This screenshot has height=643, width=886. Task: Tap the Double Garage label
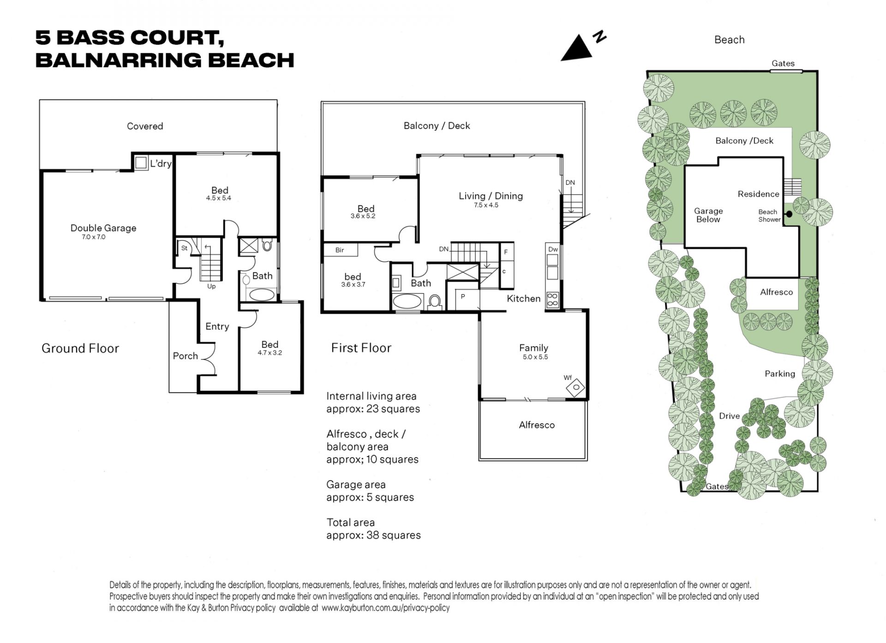pyautogui.click(x=103, y=228)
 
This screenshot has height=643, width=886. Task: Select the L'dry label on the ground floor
pyautogui.click(x=161, y=163)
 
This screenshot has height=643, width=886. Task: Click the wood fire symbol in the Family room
pyautogui.click(x=575, y=387)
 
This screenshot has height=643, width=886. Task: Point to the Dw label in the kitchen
pyautogui.click(x=553, y=249)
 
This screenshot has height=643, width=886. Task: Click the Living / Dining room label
pyautogui.click(x=491, y=196)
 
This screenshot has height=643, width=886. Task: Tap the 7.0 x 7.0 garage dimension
pyautogui.click(x=94, y=237)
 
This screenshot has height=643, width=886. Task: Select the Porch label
pyautogui.click(x=185, y=356)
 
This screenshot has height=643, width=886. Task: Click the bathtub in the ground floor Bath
pyautogui.click(x=261, y=294)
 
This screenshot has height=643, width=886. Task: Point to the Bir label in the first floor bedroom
pyautogui.click(x=340, y=250)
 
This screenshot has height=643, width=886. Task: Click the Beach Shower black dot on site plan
pyautogui.click(x=789, y=214)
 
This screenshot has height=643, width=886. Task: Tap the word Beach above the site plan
pyautogui.click(x=729, y=40)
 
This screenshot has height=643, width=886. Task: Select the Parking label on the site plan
pyautogui.click(x=780, y=374)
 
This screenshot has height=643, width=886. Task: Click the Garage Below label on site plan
pyautogui.click(x=708, y=215)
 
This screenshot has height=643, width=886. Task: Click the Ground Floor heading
pyautogui.click(x=80, y=349)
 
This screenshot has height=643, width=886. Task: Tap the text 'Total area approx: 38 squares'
pyautogui.click(x=373, y=529)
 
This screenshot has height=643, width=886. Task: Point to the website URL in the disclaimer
pyautogui.click(x=385, y=608)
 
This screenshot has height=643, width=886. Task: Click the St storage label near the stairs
pyautogui.click(x=184, y=248)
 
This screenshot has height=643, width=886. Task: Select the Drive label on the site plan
pyautogui.click(x=729, y=416)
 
